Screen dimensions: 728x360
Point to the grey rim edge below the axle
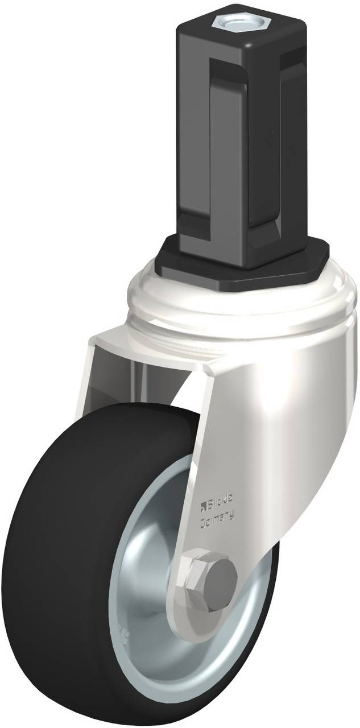188,660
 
